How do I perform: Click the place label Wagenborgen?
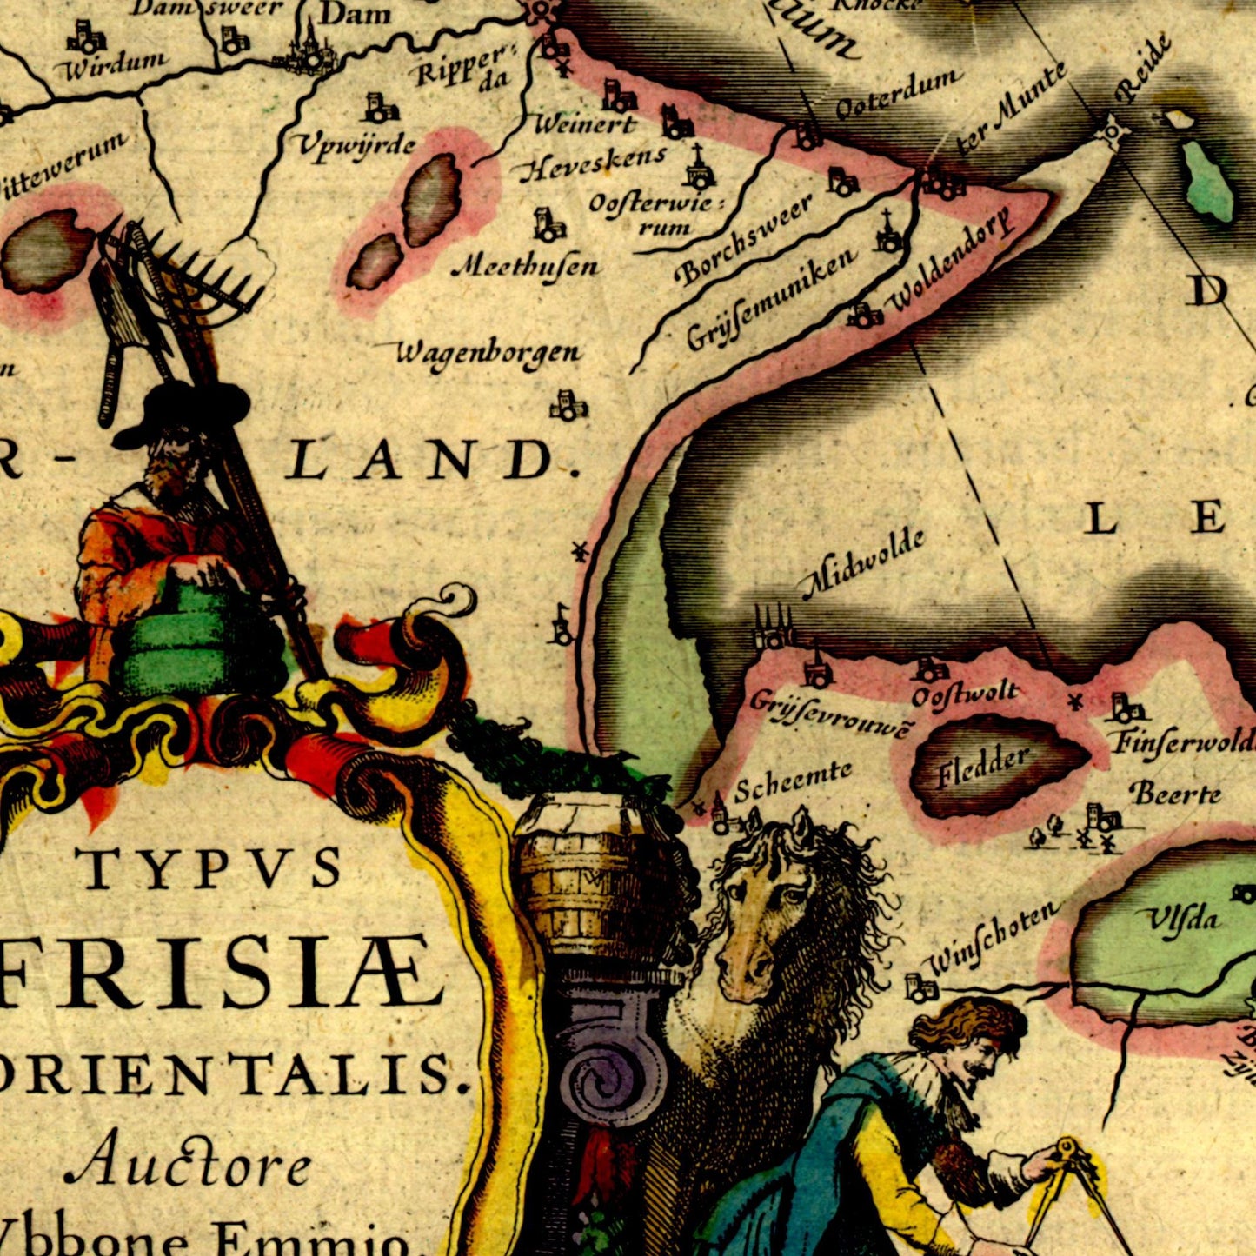point(488,353)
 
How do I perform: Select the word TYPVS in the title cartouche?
point(209,867)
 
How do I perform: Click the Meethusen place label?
point(526,266)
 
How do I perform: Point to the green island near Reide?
point(1207,180)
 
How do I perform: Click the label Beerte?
point(1175,794)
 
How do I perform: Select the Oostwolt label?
point(965,694)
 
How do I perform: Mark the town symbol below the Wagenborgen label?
point(568,405)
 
